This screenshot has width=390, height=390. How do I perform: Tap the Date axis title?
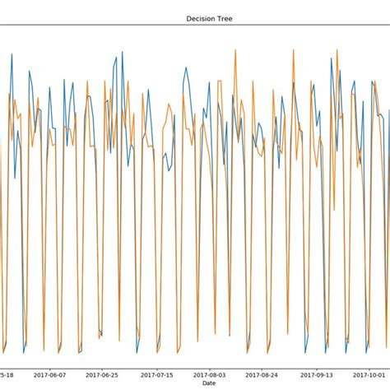tap(210, 383)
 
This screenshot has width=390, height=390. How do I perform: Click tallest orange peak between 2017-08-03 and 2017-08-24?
tap(235, 51)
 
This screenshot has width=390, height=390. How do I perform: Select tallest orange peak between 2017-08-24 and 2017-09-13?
tap(293, 51)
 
